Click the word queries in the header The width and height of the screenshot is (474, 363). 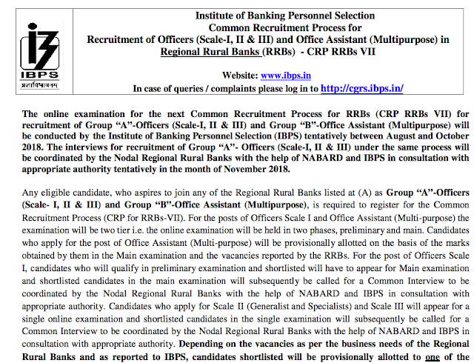coord(184,89)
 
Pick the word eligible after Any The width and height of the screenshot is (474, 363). coord(60,193)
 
